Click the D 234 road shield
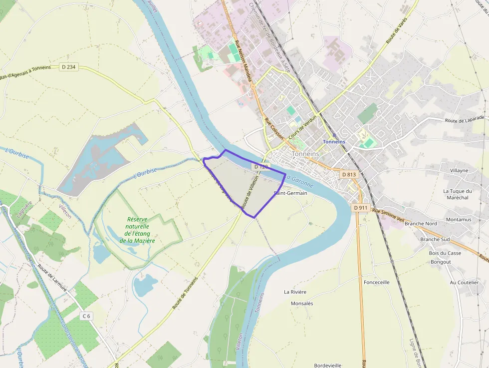69,67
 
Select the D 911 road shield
360,207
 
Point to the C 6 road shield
87,316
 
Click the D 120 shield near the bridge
261,166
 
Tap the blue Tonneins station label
334,142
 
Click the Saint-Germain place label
290,193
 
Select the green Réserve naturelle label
137,230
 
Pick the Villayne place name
459,170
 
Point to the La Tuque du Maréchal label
457,194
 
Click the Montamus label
459,220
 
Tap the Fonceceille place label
377,282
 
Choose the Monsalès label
301,304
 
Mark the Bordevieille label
328,365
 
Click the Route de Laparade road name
465,119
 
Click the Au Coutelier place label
464,282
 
